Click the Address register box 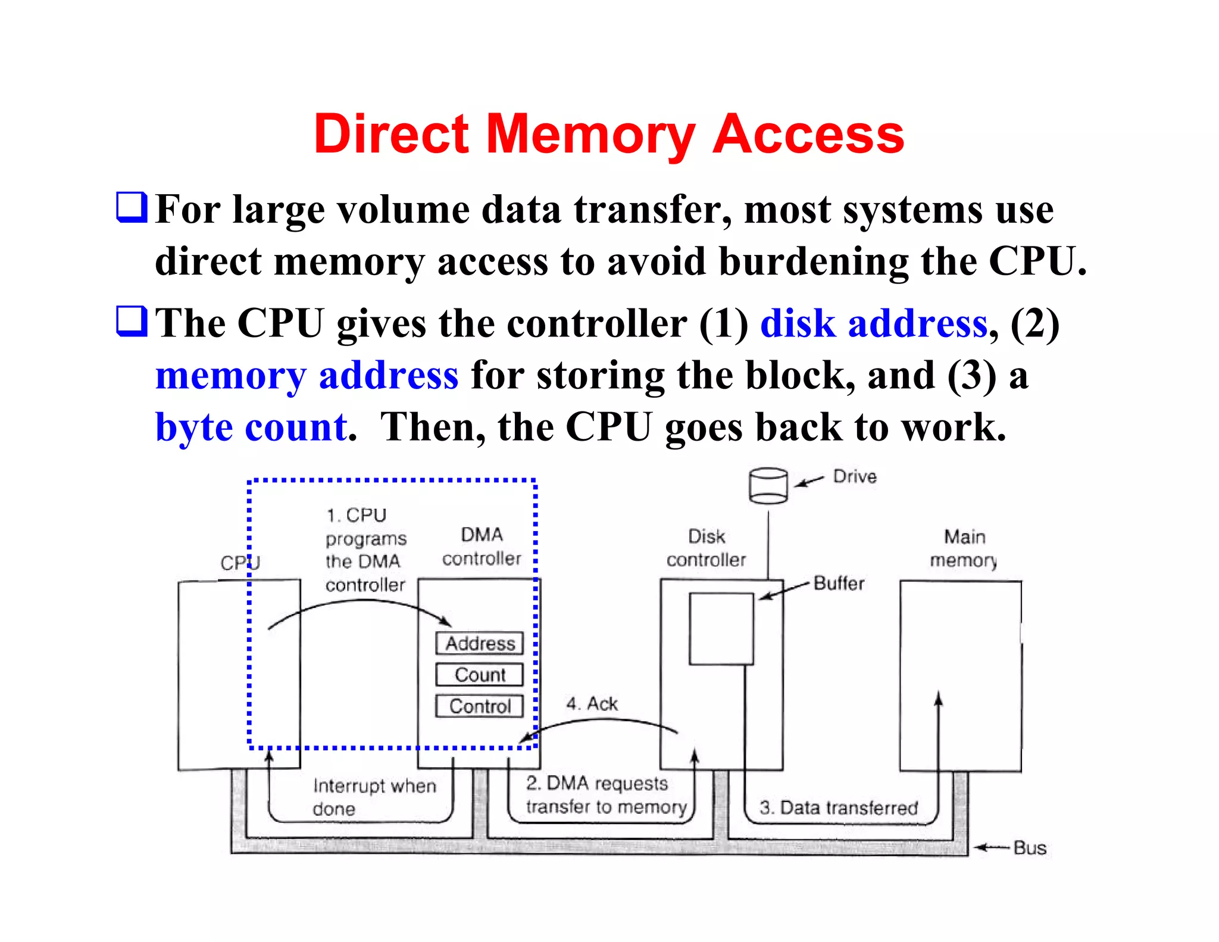[479, 644]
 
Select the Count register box [479, 675]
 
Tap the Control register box [479, 706]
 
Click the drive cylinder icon [768, 485]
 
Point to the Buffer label [838, 584]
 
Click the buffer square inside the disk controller [721, 628]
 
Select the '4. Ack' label [592, 704]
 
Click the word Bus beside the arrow [1029, 848]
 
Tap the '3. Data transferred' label [838, 808]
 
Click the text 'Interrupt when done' [374, 797]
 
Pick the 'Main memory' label [964, 548]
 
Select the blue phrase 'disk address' [874, 324]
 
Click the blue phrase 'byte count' [252, 428]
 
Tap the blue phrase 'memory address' [307, 376]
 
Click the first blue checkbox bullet [131, 207]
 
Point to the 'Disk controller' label [706, 548]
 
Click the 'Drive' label [855, 476]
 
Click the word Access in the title [808, 135]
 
